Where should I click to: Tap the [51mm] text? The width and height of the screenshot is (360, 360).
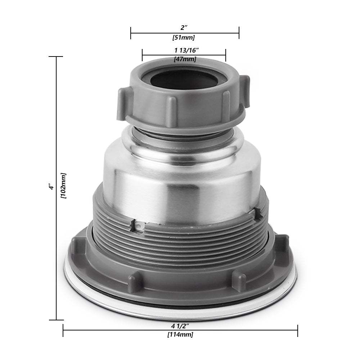(x=184, y=37)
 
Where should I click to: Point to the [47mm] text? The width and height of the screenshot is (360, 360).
(x=185, y=59)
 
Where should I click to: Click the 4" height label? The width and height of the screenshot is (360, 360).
(x=52, y=188)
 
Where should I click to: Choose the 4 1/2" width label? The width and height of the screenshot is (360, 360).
(x=180, y=326)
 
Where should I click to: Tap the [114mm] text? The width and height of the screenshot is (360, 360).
(x=180, y=335)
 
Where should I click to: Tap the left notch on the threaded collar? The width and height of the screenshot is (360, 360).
(x=137, y=226)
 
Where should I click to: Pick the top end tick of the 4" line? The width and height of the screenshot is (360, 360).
(x=56, y=57)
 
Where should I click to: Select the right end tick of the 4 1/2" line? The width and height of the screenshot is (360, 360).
(x=297, y=330)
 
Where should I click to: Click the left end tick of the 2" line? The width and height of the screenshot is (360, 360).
(x=131, y=33)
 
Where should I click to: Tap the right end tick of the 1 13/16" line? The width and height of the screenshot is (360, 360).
(x=225, y=55)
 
